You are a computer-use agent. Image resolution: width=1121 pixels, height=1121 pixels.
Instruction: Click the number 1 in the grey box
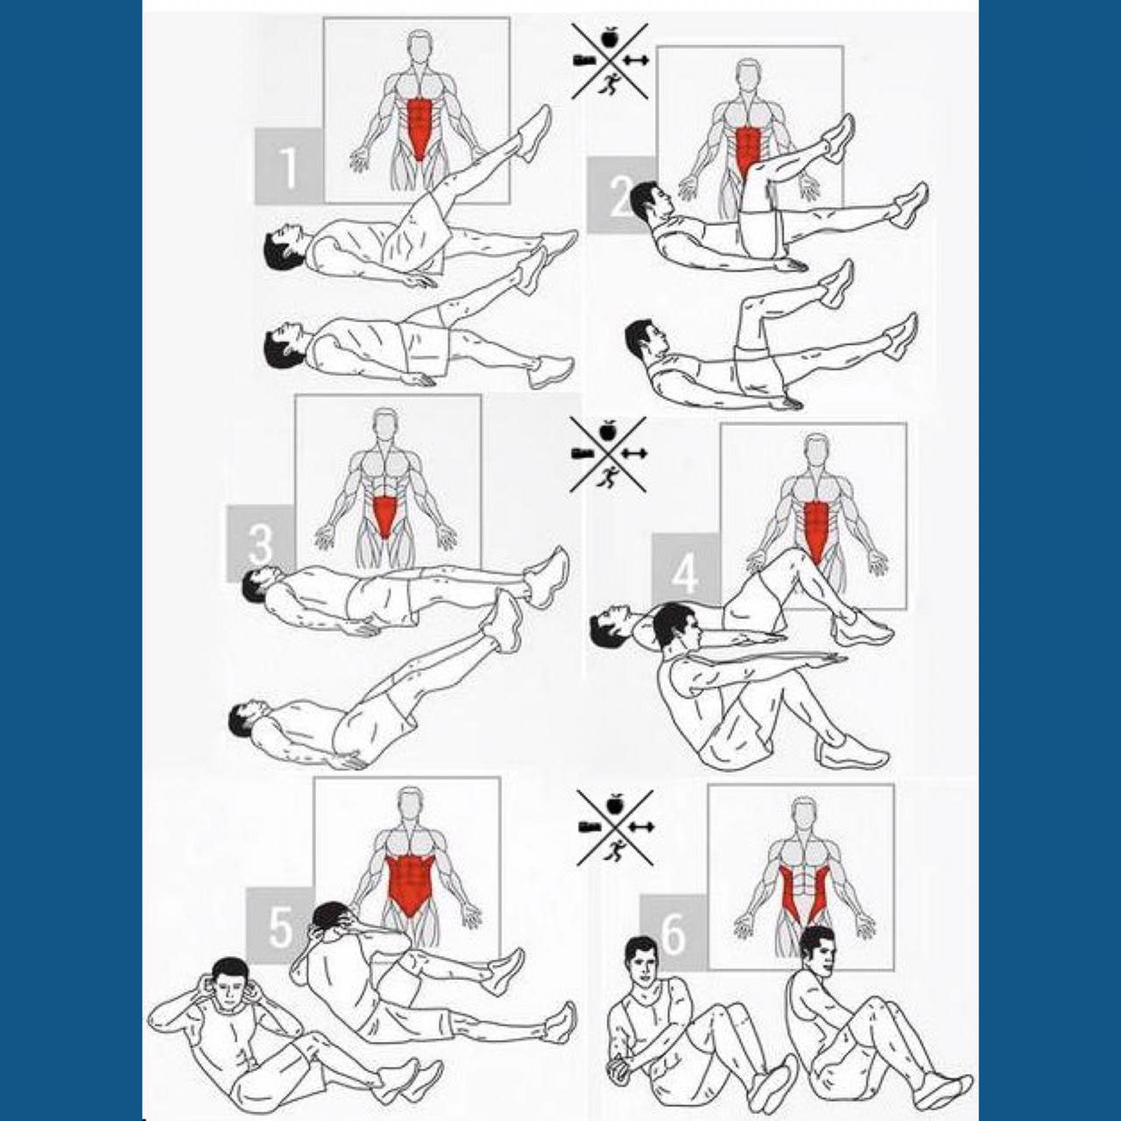288,166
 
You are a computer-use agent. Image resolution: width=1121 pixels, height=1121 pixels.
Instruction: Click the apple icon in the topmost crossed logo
609,39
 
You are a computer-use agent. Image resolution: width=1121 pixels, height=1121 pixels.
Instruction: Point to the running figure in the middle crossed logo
609,476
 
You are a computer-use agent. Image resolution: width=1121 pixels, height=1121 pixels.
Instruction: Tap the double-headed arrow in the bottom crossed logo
640,827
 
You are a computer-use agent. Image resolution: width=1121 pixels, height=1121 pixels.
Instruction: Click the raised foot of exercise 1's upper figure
534,131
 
